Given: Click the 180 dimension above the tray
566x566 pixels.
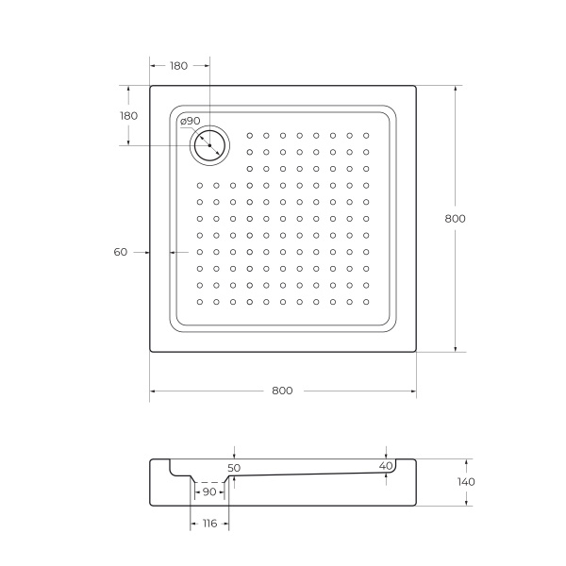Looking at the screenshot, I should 178,66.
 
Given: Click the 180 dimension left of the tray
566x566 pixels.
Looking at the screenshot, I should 128,115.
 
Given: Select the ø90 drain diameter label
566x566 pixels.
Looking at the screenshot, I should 190,121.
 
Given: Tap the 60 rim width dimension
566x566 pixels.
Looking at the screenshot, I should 120,252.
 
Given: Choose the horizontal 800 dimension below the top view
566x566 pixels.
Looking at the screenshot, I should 282,391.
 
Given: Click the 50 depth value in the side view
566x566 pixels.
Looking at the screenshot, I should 235,467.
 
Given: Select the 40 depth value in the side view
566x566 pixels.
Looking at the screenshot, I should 385,466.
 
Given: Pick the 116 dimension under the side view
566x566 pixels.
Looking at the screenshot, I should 208,524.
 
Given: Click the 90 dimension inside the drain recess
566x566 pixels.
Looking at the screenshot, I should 208,492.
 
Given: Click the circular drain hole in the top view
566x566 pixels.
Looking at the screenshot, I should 208,143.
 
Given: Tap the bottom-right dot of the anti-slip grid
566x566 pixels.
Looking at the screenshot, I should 366,303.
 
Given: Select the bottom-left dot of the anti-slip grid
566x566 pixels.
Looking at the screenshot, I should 200,303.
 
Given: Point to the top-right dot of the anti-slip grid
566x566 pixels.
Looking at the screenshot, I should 366,135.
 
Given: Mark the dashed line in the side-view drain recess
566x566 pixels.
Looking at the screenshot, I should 208,482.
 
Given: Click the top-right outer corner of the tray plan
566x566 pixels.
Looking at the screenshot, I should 416,86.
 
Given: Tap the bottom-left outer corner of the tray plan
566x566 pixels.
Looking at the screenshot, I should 150,352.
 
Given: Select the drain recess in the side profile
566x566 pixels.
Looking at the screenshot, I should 208,476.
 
